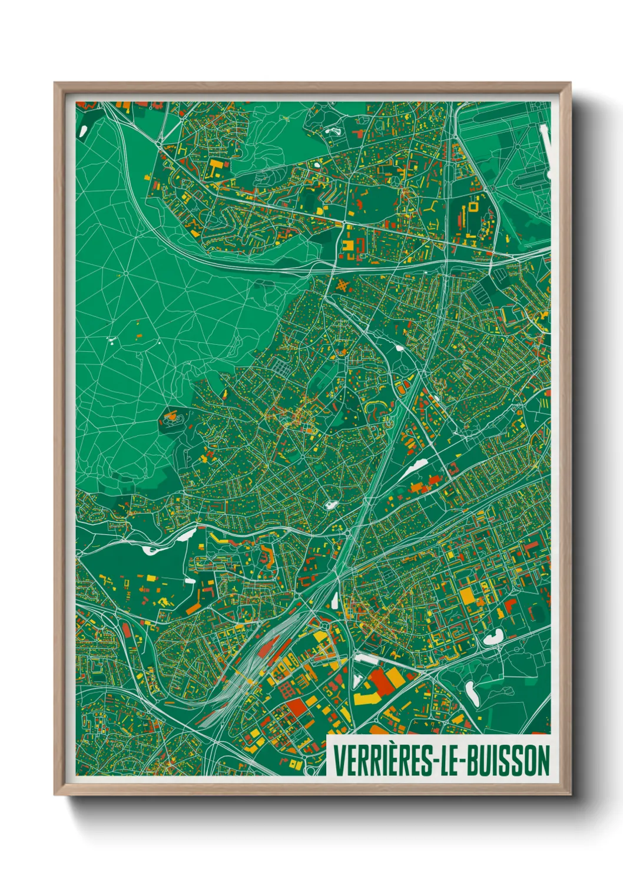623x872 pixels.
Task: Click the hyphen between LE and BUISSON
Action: (x=470, y=761)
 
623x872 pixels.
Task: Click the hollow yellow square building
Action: (x=473, y=207)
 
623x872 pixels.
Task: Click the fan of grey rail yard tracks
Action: (x=236, y=689)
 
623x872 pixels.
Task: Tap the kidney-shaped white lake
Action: (x=493, y=636)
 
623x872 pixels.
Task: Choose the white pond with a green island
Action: (x=331, y=505)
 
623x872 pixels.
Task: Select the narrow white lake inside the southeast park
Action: (x=472, y=693)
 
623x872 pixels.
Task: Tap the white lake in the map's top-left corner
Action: (x=82, y=129)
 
